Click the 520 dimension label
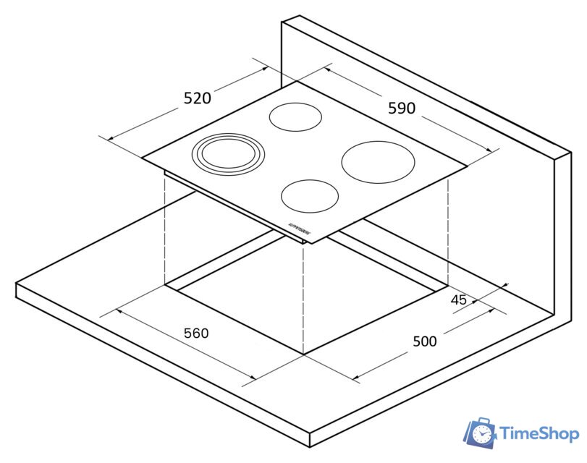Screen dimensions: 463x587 197,98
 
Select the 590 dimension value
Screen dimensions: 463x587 402,109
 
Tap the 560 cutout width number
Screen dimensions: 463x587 196,334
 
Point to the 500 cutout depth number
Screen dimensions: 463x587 424,341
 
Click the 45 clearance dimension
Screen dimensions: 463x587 458,300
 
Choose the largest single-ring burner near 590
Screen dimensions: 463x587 379,161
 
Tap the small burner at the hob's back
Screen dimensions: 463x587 295,116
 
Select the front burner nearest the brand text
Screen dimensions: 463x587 311,195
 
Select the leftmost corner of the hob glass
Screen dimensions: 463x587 143,158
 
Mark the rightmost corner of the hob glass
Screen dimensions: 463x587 467,166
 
